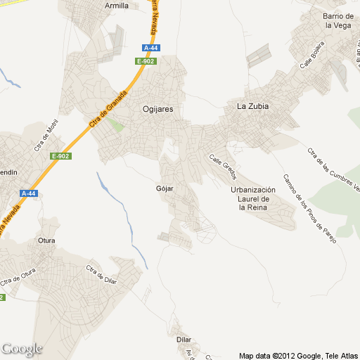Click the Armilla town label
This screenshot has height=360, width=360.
coord(117,6)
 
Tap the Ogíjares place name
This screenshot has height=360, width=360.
coord(157,109)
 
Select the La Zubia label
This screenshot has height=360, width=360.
coord(253,107)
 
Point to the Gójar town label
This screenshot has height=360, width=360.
coord(164,189)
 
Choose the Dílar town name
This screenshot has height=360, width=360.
coord(184,339)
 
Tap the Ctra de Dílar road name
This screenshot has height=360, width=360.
coord(101,275)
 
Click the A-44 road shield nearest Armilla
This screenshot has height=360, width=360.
coord(150,48)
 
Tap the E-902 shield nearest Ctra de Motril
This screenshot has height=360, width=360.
coord(61,156)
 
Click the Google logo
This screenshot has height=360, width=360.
coord(22,349)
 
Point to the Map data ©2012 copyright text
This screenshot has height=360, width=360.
coord(297,355)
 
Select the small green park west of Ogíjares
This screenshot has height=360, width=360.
coord(115,125)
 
